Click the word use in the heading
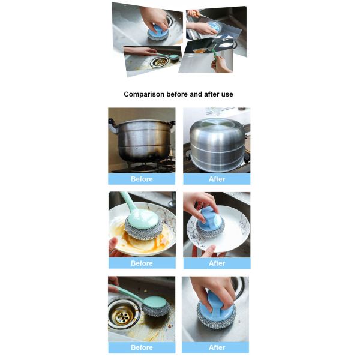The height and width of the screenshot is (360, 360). [226, 94]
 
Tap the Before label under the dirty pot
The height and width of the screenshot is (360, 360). [142, 179]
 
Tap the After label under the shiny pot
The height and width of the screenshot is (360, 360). [217, 179]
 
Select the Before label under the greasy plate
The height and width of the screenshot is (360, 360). [142, 263]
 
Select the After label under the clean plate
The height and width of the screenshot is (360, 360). [217, 263]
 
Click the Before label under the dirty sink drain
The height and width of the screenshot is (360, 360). [142, 347]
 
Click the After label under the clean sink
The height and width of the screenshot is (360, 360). [217, 347]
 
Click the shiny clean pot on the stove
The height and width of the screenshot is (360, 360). [217, 141]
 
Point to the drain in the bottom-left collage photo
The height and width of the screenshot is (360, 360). [159, 61]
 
